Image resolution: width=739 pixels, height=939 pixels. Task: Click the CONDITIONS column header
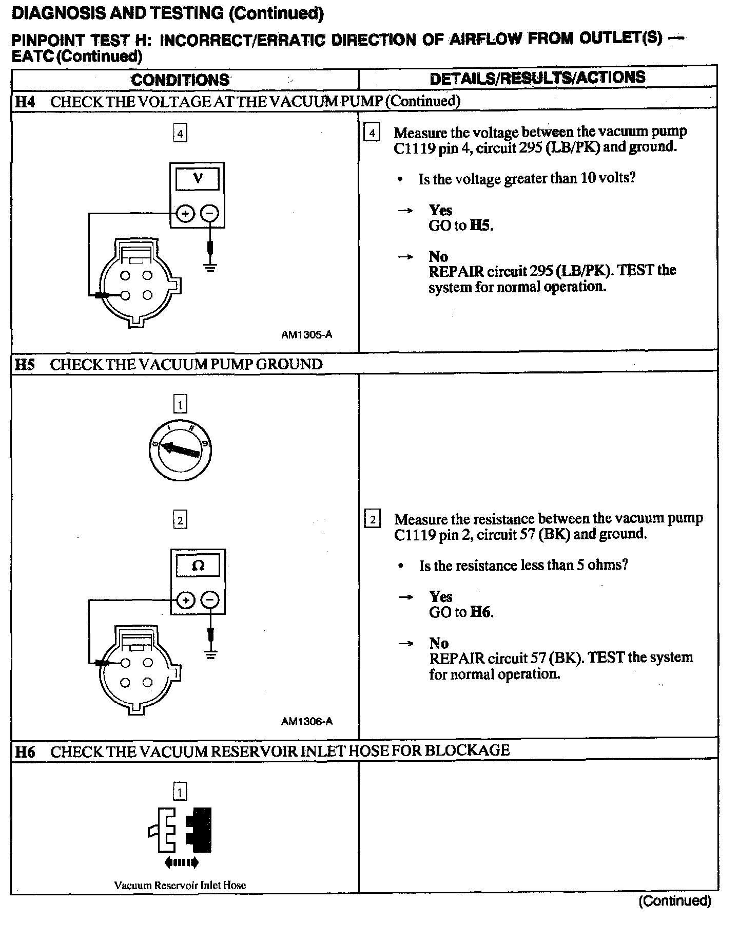click(x=180, y=80)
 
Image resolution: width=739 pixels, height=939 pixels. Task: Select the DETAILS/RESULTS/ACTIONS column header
click(x=537, y=78)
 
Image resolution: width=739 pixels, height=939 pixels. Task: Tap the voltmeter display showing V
click(x=198, y=179)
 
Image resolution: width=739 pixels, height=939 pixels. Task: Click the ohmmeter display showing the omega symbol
click(x=198, y=566)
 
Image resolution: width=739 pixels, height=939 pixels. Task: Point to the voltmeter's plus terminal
click(x=185, y=213)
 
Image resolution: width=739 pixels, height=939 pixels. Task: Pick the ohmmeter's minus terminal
click(x=209, y=600)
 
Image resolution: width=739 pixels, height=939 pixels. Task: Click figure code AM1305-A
click(x=306, y=335)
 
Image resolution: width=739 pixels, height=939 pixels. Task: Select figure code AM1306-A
click(x=307, y=721)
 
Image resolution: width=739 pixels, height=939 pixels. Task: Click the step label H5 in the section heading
click(x=25, y=365)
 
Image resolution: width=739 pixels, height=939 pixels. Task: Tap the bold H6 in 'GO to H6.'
click(x=481, y=612)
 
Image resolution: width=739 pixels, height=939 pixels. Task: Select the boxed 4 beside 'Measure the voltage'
click(x=372, y=133)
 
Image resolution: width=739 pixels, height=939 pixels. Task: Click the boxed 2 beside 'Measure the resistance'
click(x=372, y=520)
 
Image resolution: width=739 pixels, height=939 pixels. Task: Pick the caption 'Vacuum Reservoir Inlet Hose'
click(x=180, y=885)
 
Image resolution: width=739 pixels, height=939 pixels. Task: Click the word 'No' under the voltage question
click(x=438, y=256)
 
